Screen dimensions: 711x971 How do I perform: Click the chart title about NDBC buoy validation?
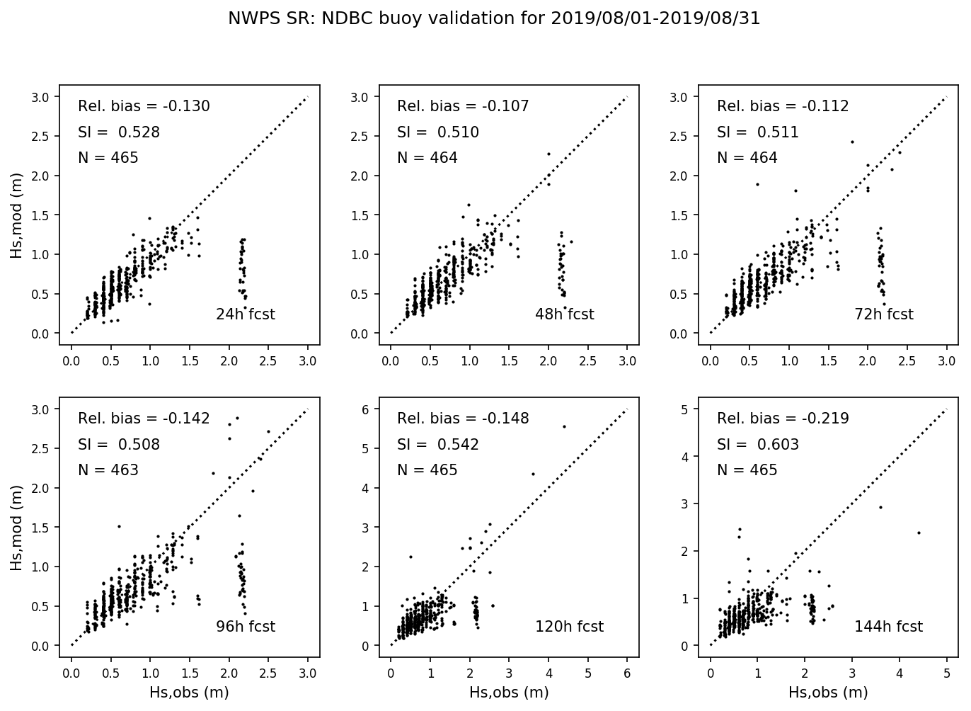(494, 19)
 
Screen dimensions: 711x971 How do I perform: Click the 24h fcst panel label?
(245, 314)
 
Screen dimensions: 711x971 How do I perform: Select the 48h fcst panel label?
(564, 314)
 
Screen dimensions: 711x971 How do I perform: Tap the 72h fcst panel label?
(883, 314)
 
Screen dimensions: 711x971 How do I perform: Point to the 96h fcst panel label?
(245, 627)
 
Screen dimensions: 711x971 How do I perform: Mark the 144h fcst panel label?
(888, 627)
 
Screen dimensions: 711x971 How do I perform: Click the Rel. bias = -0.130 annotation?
(144, 107)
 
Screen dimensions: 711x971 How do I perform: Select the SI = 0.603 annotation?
(757, 445)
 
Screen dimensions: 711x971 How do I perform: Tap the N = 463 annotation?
(108, 470)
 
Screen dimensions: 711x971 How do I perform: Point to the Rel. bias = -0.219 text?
(783, 419)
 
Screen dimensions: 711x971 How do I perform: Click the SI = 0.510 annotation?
(437, 132)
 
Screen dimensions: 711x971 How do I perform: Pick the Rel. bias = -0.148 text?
(463, 419)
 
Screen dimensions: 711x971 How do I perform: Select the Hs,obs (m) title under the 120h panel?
(509, 693)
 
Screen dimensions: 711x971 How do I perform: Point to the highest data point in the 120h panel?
(564, 426)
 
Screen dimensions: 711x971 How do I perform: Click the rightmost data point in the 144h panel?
(919, 533)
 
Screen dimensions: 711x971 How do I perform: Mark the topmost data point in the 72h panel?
(852, 142)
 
